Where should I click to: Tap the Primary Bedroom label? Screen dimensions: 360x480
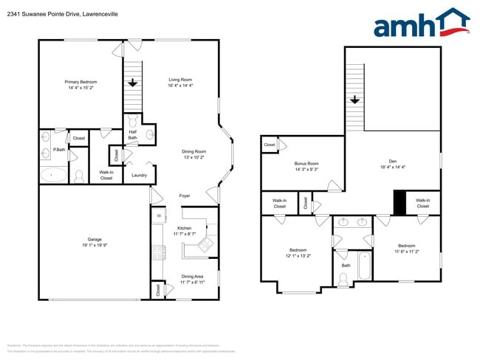coord(80,82)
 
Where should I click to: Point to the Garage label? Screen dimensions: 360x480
coord(95,240)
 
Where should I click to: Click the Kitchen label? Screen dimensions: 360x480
coord(184,228)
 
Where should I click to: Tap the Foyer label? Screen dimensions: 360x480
coord(185,195)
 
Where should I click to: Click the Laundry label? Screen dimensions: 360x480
coord(139,175)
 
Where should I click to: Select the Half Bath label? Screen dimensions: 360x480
coord(132,135)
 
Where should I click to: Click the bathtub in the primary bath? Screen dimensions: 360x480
coord(52,176)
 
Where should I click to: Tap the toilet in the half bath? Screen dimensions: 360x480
coord(133,121)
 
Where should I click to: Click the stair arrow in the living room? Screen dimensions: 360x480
coord(133,83)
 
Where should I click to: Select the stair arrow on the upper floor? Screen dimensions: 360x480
coord(355,99)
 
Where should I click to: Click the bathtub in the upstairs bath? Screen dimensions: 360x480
coord(363,266)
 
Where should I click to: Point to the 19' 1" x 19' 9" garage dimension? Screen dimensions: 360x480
coord(95,246)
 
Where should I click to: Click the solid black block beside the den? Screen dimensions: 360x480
coord(400,203)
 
